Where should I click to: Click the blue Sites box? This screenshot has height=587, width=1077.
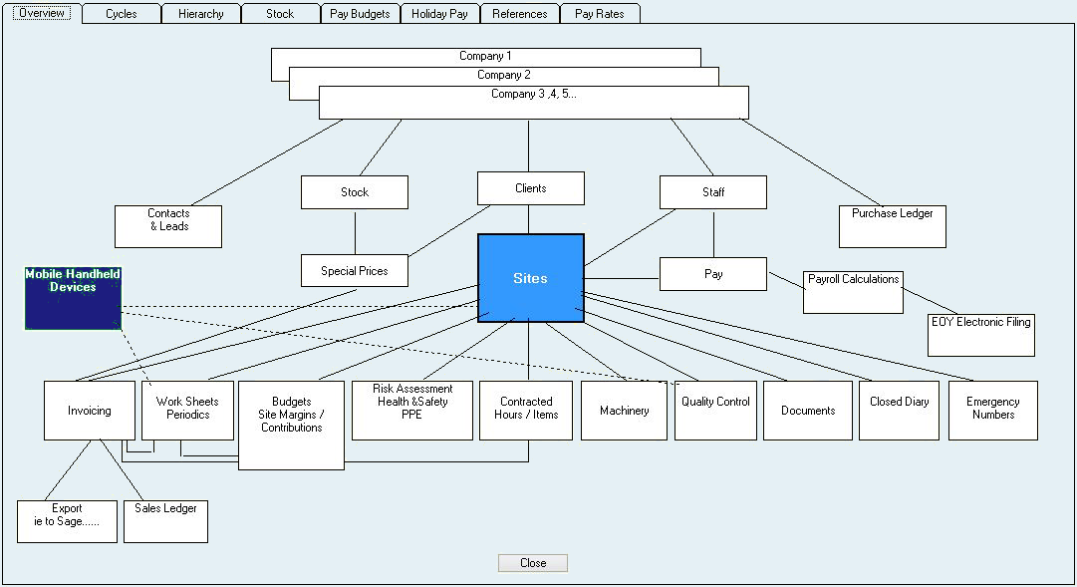tap(530, 278)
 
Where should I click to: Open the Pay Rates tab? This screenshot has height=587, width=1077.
tap(600, 14)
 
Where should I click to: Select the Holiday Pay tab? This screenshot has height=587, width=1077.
tap(439, 14)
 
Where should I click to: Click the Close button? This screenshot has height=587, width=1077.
tap(533, 563)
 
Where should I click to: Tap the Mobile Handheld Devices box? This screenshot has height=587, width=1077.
tap(73, 298)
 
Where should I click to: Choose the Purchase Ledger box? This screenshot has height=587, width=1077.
tap(892, 226)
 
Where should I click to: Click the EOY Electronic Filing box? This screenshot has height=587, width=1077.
tap(980, 335)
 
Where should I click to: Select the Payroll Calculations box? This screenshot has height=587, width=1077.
tap(853, 292)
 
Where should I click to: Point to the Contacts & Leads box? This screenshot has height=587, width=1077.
tap(168, 226)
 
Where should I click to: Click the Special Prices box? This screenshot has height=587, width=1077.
tap(354, 270)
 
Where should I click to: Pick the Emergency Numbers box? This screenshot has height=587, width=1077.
tap(992, 410)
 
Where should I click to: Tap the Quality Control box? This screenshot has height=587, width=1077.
tap(715, 410)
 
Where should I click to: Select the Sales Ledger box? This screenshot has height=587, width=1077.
tap(165, 521)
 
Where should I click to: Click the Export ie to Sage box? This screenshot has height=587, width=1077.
tap(67, 521)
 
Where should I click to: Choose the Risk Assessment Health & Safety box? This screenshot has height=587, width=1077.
tap(412, 410)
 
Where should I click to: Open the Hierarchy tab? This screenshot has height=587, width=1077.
tap(200, 14)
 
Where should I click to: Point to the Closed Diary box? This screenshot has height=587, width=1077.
tap(899, 410)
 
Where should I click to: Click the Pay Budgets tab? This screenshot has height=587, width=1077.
tap(360, 14)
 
